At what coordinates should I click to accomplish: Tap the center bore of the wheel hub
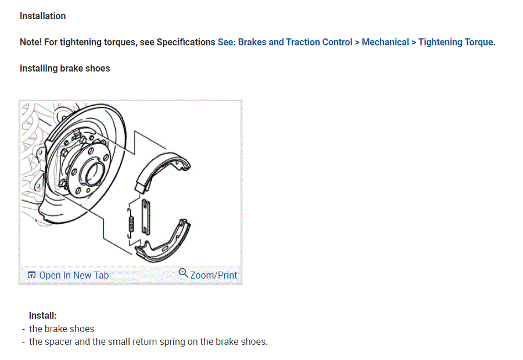point(92,173)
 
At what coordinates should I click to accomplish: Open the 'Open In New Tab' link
point(74,275)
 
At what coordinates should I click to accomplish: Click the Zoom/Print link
point(213,275)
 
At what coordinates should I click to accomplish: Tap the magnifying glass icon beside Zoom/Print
point(183,273)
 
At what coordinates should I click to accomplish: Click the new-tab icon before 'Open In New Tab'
point(31,275)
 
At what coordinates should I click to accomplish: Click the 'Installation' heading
point(42,16)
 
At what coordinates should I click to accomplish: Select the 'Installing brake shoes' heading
point(65,68)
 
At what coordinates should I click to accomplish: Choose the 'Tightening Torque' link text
point(456,42)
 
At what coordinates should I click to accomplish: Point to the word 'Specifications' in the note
point(185,42)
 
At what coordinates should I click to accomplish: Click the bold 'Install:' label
point(42,316)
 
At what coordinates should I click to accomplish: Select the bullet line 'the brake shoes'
point(61,329)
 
